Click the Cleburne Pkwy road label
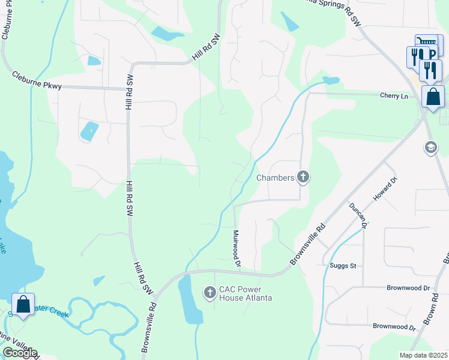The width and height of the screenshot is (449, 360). coord(36,80)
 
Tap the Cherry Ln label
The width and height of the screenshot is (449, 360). coord(393,95)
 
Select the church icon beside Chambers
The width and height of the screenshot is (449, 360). coord(304,177)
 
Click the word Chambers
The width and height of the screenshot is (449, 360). coord(276,178)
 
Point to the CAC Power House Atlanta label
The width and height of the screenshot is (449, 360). coord(245,293)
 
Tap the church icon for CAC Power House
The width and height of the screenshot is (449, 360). coord(209,293)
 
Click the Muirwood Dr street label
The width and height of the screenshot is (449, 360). coord(237,248)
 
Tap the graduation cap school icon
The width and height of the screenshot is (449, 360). coord(430,147)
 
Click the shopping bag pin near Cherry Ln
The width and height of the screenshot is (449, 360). coord(433,97)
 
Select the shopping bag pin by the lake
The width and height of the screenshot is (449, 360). coord(23,305)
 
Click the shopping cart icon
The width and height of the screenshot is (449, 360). coord(427,42)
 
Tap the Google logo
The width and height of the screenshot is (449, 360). coord(19,353)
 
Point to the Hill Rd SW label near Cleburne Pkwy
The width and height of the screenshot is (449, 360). coord(128,93)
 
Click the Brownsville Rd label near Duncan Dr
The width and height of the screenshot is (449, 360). coord(307,245)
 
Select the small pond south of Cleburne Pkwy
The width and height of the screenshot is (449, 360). coord(89,131)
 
